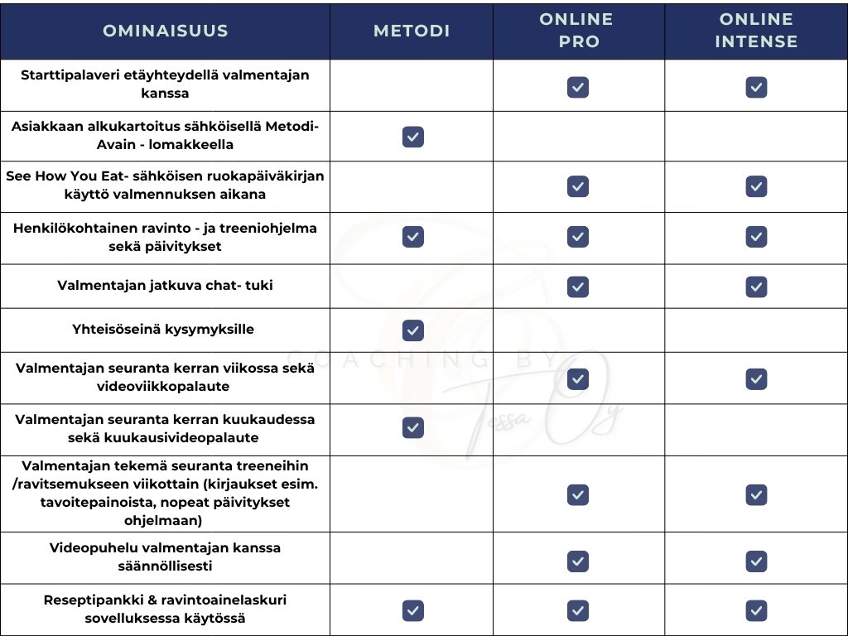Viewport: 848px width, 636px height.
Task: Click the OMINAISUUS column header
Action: pos(165,31)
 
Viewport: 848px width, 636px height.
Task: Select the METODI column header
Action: pos(412,31)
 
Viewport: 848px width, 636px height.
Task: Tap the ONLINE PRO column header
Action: pos(578,31)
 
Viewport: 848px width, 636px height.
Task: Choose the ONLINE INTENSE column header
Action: pos(756,31)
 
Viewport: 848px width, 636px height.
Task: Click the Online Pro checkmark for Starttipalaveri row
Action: pos(578,87)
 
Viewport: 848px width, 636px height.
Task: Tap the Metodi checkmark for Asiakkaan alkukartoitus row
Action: pos(412,137)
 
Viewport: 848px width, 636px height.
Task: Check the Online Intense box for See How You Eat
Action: pos(756,186)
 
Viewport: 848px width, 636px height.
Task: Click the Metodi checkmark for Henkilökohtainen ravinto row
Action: pos(412,237)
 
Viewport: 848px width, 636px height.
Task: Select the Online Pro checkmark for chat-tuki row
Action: pos(578,287)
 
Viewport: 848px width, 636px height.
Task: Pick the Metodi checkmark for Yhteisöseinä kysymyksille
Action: pos(412,330)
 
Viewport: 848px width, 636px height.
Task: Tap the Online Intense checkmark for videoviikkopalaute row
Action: pos(756,378)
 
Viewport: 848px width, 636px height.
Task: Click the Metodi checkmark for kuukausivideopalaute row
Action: pos(412,427)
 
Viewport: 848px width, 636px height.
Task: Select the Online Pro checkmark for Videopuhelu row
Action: pos(578,561)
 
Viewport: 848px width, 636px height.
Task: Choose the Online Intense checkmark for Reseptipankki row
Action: pos(756,611)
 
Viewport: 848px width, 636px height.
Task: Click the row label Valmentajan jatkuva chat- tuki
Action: pos(165,286)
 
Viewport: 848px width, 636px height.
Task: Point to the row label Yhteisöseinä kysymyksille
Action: pos(163,330)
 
